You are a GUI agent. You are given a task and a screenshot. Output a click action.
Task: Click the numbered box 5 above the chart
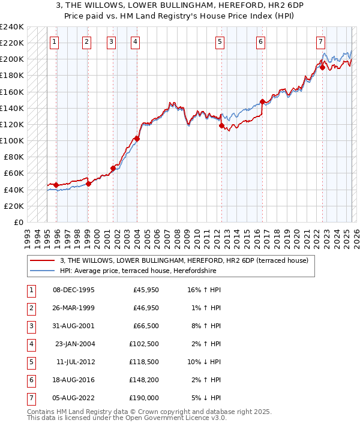(x=220, y=41)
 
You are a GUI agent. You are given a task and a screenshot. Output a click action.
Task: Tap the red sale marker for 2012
(x=221, y=126)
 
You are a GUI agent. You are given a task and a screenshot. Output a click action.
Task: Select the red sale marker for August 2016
(x=262, y=102)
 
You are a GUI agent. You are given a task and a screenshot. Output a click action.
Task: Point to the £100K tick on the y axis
(x=12, y=140)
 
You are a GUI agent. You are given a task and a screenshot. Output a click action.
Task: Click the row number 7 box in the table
(x=31, y=398)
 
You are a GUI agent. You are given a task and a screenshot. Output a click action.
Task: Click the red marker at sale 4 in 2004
(x=137, y=139)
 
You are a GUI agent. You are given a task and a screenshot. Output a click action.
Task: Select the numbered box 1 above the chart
(x=55, y=41)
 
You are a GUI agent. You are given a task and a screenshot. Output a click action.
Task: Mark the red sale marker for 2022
(x=322, y=68)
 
